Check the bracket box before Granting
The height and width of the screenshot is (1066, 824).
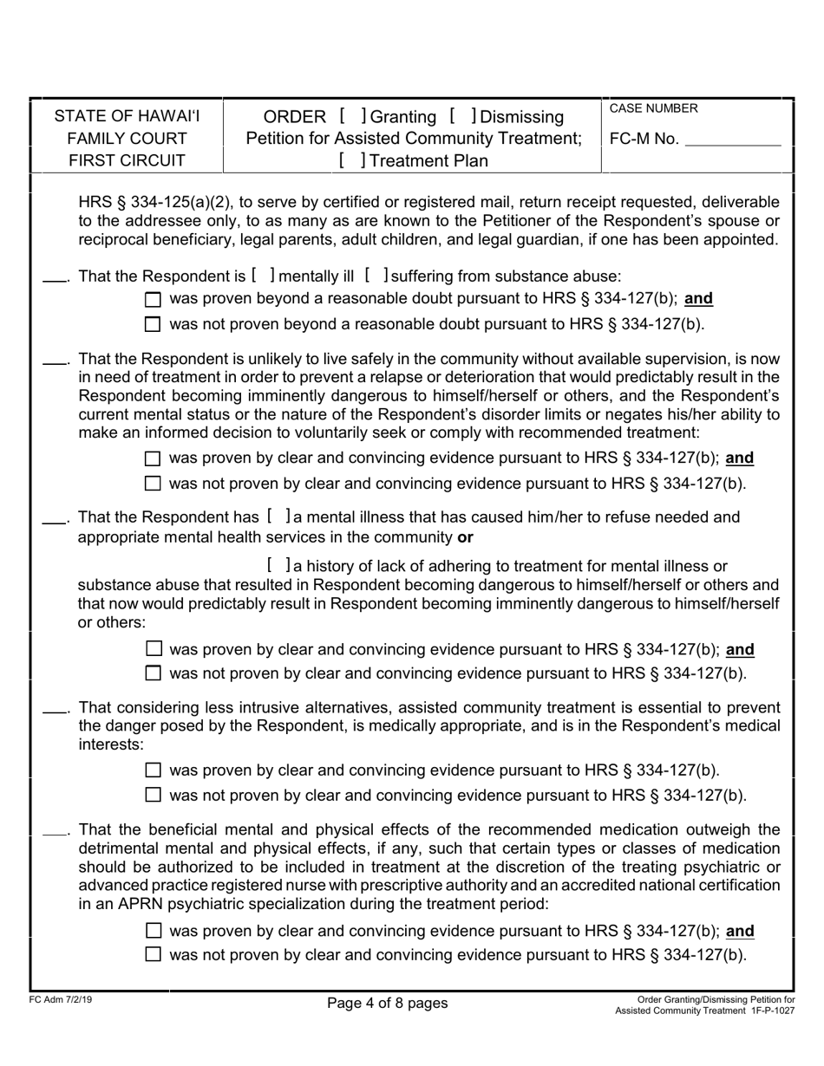352,116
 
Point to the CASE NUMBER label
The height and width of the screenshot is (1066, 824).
654,108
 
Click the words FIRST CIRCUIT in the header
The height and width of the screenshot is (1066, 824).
128,160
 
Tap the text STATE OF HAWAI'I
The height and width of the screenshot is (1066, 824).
128,116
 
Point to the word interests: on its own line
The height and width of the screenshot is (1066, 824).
111,744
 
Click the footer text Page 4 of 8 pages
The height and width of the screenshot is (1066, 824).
388,1004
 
